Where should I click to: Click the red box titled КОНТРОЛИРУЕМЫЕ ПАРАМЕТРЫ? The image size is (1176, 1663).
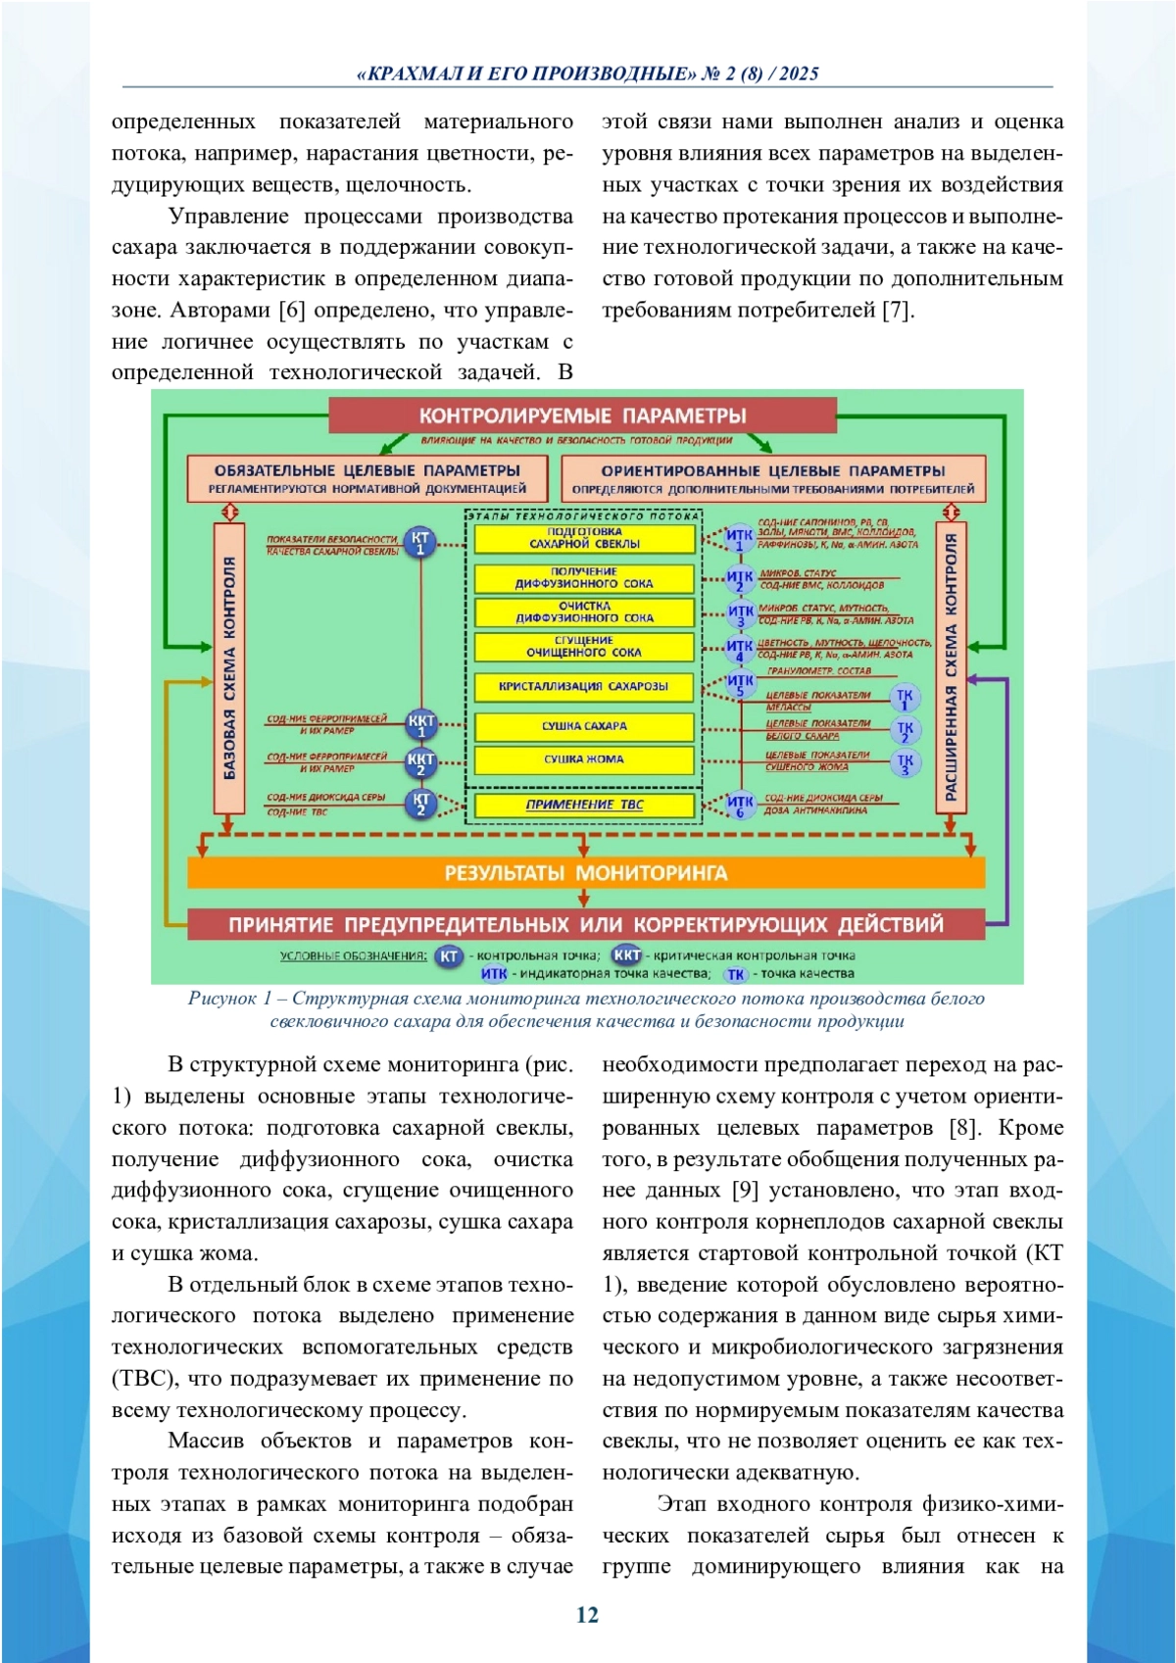click(x=582, y=416)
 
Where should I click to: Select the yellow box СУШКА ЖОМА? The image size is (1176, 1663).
click(x=584, y=759)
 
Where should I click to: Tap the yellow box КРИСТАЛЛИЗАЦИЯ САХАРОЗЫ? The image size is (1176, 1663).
click(x=584, y=687)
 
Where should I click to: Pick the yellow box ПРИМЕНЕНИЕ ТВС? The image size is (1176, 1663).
click(x=584, y=805)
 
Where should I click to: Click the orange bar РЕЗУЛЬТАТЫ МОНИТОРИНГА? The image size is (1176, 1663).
click(x=585, y=872)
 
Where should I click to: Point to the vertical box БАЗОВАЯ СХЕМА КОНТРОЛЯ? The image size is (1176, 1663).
click(x=229, y=668)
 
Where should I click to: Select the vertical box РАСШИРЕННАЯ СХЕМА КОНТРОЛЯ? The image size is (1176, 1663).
click(x=950, y=668)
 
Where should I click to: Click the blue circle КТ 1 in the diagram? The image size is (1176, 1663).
click(x=420, y=543)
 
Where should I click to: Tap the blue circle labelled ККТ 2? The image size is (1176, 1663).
click(x=420, y=763)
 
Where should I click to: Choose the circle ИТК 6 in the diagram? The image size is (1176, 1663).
click(x=740, y=806)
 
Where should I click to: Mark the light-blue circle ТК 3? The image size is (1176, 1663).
click(x=905, y=763)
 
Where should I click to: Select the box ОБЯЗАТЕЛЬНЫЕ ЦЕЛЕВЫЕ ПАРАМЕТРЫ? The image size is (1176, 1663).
click(x=367, y=478)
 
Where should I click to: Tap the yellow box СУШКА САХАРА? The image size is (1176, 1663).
click(x=584, y=726)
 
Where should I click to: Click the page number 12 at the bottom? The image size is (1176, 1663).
click(x=587, y=1615)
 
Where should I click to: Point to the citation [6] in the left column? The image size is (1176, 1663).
click(x=292, y=311)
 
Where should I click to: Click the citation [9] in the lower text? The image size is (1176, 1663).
click(x=746, y=1191)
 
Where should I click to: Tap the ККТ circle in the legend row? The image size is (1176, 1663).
click(x=627, y=954)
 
